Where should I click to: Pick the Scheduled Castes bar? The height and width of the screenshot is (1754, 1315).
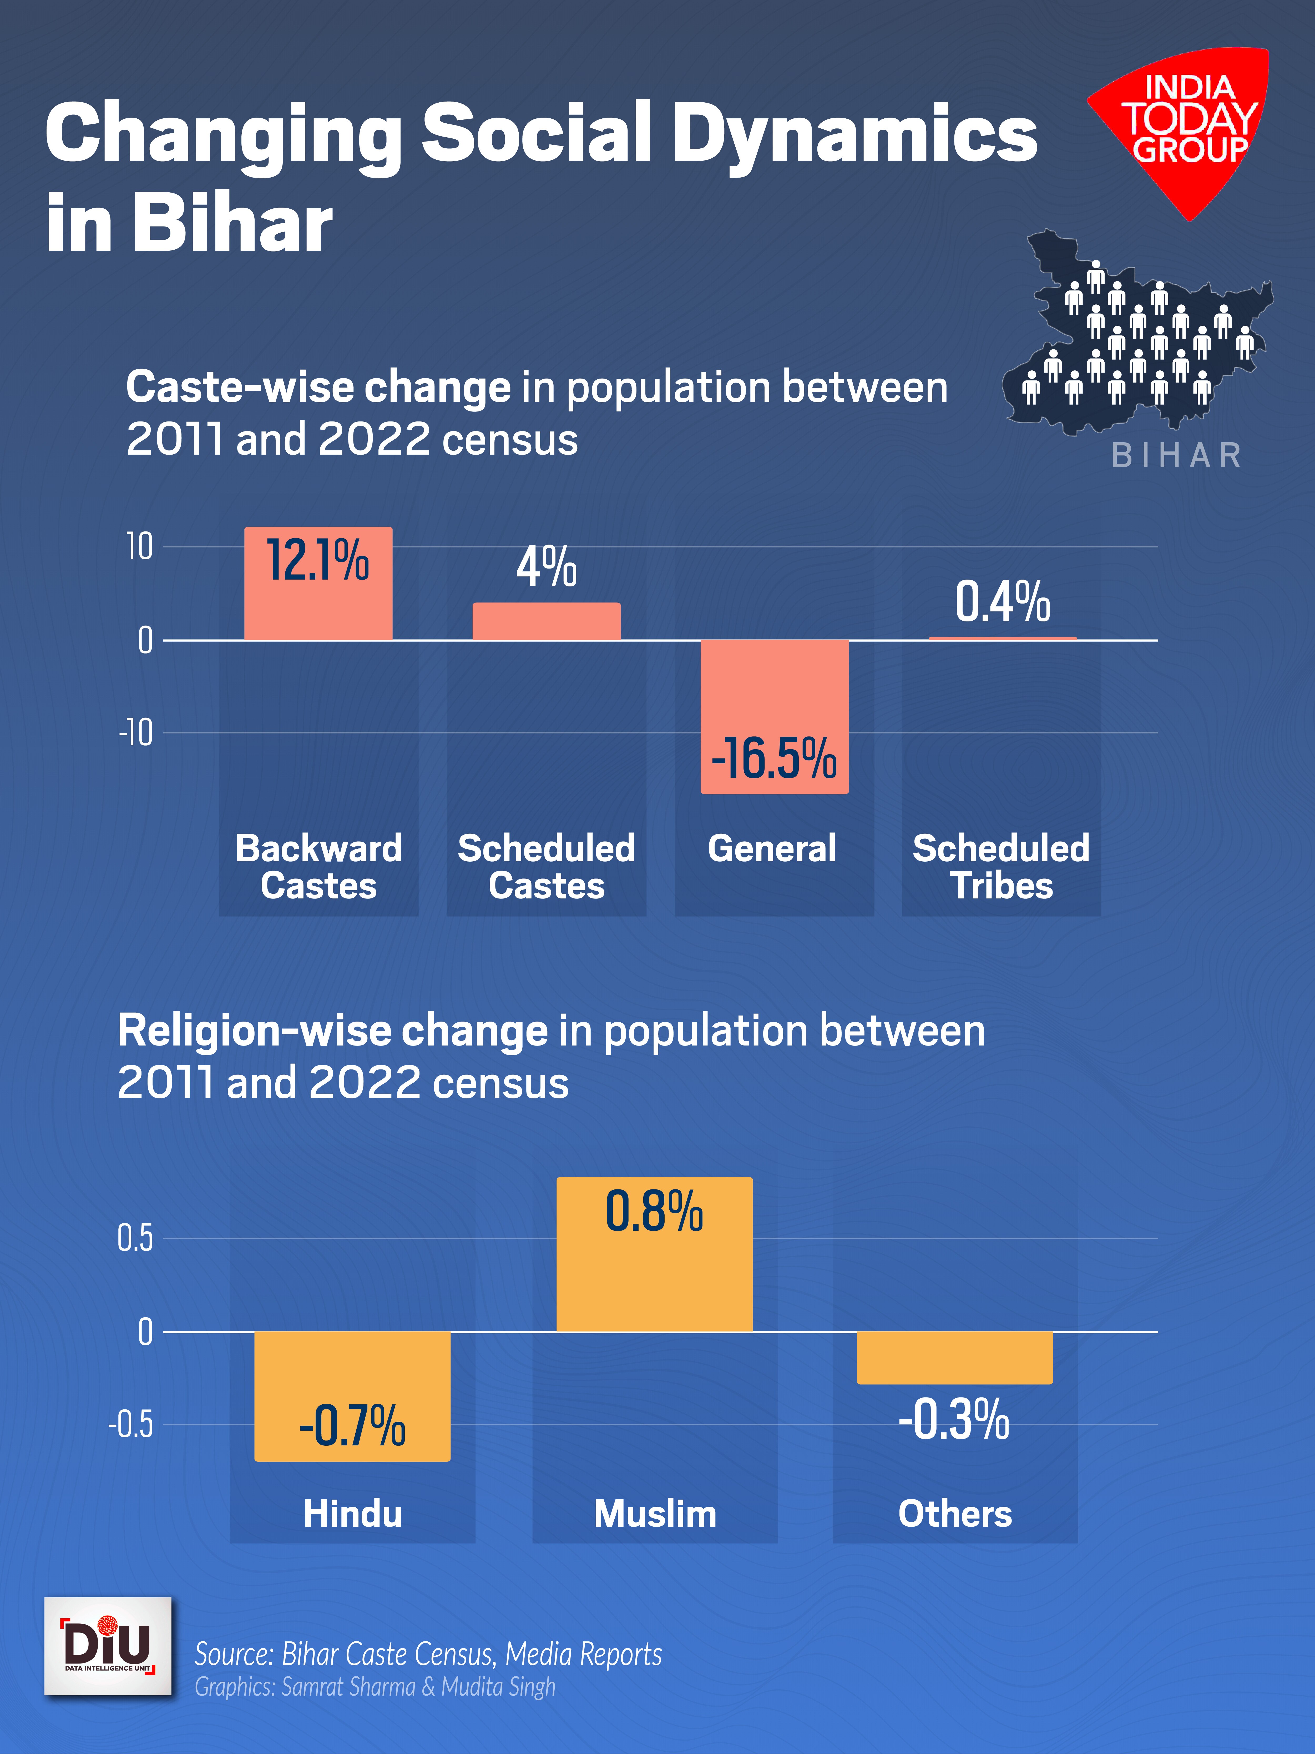546,621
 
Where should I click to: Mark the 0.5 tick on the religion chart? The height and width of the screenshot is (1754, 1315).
135,1238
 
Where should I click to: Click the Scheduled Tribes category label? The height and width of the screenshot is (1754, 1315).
1001,867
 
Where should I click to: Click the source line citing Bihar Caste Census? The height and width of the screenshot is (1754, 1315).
428,1654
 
